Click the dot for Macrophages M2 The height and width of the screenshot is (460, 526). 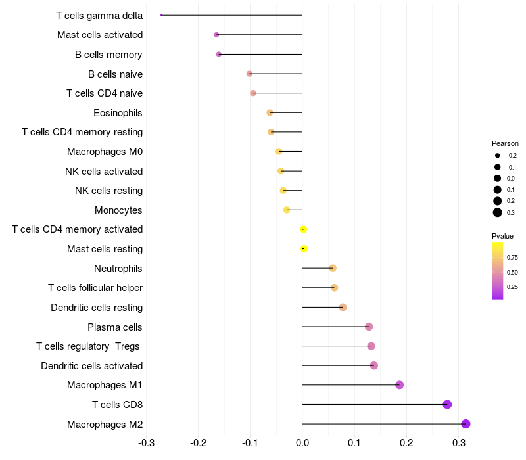click(466, 424)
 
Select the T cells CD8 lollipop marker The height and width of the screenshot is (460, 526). click(447, 404)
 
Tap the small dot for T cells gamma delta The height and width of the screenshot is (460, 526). click(161, 15)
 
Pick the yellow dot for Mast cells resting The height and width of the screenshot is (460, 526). click(304, 249)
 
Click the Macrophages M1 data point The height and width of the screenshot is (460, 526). click(399, 385)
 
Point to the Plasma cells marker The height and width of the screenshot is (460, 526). click(369, 327)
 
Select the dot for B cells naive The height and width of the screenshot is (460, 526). click(249, 74)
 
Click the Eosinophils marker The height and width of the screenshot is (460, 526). click(270, 112)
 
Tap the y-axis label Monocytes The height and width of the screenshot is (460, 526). click(118, 210)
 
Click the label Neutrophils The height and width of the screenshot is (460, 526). click(118, 269)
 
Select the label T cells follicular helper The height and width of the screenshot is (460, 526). click(95, 288)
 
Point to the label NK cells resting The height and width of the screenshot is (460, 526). click(109, 191)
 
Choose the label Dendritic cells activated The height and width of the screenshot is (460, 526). click(92, 366)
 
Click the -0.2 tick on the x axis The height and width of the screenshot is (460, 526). click(198, 443)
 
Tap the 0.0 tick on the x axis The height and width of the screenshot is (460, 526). click(302, 443)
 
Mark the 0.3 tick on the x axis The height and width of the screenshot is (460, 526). click(458, 443)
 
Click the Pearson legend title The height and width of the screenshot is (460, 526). click(505, 143)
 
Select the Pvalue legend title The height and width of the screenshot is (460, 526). click(502, 236)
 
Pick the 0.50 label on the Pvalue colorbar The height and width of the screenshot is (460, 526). click(512, 272)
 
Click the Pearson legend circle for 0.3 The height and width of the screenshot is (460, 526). click(498, 212)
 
